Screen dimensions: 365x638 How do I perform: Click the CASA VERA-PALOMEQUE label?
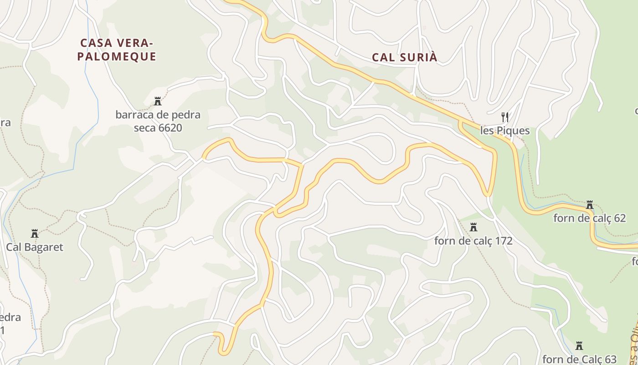(117, 50)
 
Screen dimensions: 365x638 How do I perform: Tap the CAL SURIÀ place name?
(405, 57)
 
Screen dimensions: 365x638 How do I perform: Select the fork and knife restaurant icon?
(505, 117)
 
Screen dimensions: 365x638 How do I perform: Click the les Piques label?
(505, 131)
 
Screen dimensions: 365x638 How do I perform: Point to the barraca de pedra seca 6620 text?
(158, 121)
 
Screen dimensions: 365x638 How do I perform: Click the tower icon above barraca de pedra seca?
(158, 101)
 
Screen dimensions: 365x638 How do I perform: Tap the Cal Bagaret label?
(35, 247)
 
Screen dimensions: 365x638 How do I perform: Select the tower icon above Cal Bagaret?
(35, 234)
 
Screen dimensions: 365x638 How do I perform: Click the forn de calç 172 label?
(473, 240)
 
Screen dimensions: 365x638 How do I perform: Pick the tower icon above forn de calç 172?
(473, 227)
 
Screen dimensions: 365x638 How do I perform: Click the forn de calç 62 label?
(590, 218)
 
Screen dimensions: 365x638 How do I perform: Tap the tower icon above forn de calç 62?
(590, 204)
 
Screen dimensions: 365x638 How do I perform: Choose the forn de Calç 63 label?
(579, 359)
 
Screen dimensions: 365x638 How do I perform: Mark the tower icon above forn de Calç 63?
(579, 345)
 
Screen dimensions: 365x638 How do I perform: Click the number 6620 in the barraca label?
(170, 128)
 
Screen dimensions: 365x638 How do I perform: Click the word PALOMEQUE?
(117, 57)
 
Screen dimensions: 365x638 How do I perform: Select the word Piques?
(513, 131)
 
